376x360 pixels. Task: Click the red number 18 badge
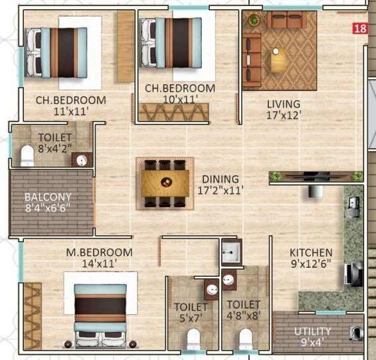point(360,28)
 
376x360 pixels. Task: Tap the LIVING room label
point(284,104)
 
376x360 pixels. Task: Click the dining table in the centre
point(165,183)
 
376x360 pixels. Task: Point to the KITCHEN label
point(311,253)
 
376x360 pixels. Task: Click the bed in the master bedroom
point(100,315)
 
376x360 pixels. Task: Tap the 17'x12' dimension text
point(283,115)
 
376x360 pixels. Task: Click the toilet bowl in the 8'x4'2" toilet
point(27,155)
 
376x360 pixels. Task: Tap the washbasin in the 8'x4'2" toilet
point(82,160)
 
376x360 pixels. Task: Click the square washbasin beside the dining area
point(231,251)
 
